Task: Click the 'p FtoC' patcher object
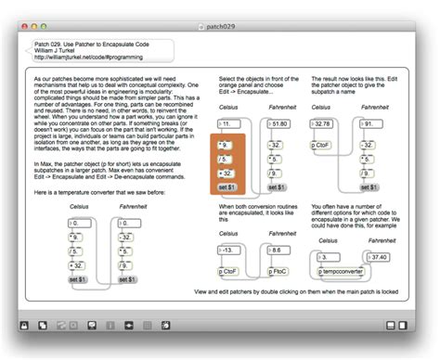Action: click(279, 271)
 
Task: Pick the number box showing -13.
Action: click(229, 250)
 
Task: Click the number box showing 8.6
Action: click(279, 250)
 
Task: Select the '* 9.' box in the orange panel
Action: click(226, 146)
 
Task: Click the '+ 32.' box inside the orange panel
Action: click(226, 173)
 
